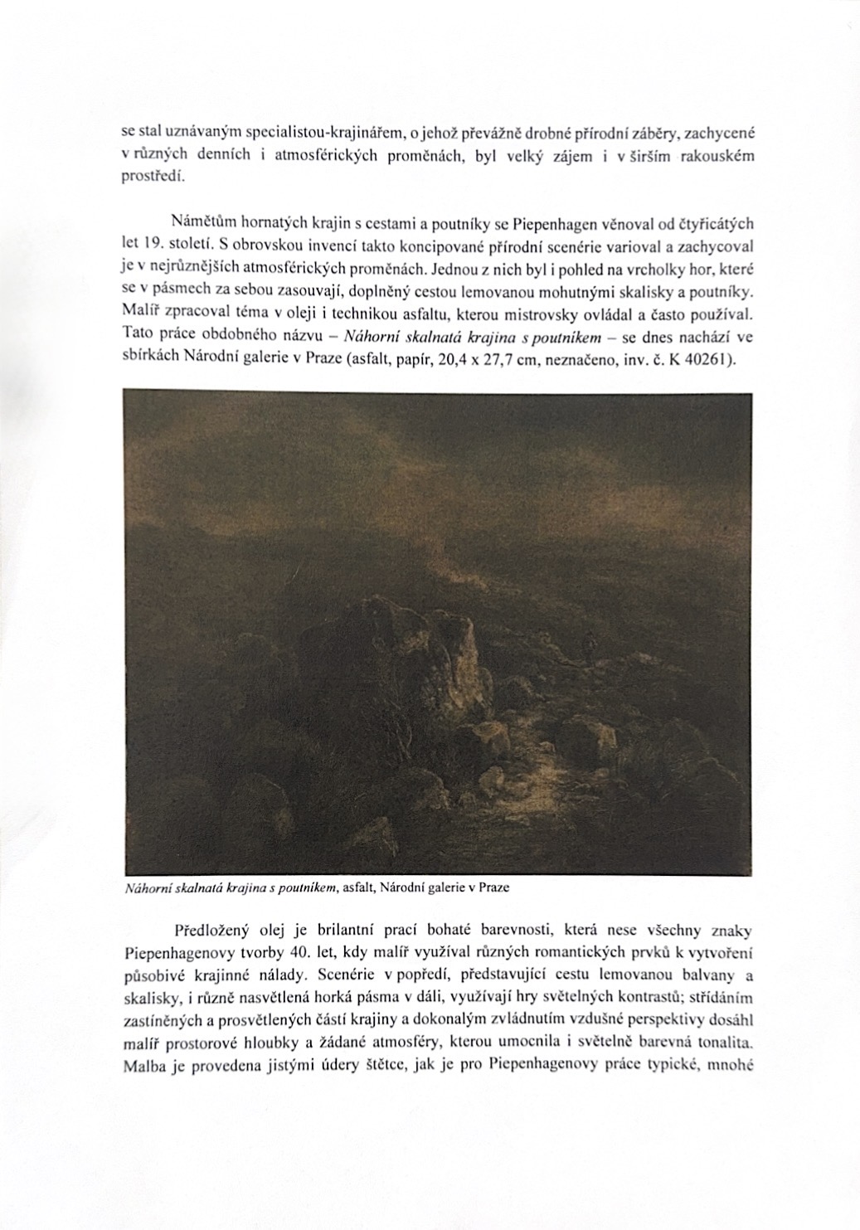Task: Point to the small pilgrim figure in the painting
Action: [x=587, y=644]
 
